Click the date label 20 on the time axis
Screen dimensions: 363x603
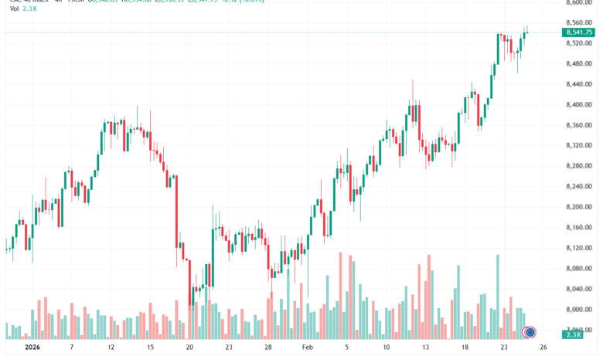tap(189, 348)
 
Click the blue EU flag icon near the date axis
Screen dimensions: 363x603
tap(530, 333)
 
